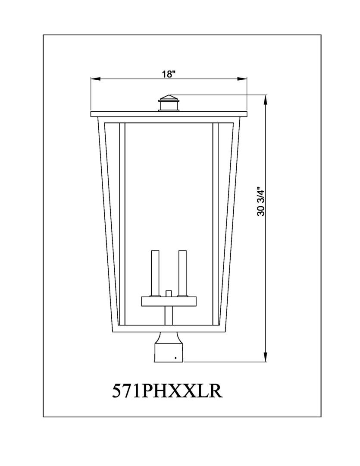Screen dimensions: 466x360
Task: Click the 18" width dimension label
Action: pyautogui.click(x=169, y=74)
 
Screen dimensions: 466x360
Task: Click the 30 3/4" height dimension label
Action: pyautogui.click(x=260, y=201)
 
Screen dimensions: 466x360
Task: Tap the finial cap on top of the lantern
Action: pyautogui.click(x=169, y=103)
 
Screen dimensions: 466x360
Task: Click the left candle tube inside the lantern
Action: pyautogui.click(x=154, y=273)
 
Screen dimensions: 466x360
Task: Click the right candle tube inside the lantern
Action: pyautogui.click(x=182, y=273)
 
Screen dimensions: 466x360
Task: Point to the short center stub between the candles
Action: pyautogui.click(x=169, y=293)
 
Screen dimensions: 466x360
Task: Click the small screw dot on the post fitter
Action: pyautogui.click(x=175, y=358)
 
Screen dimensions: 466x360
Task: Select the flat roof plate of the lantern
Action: pyautogui.click(x=169, y=114)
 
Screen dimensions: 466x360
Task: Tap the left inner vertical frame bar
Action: pyautogui.click(x=122, y=224)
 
